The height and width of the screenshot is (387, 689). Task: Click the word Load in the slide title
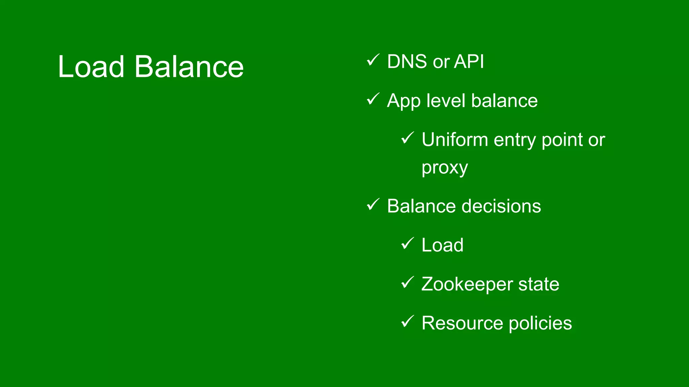pyautogui.click(x=91, y=67)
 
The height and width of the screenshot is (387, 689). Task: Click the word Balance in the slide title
pyautogui.click(x=189, y=67)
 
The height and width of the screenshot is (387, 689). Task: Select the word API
pyautogui.click(x=469, y=62)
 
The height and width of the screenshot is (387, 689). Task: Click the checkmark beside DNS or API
pyautogui.click(x=373, y=60)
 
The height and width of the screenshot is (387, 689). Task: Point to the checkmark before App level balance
pyautogui.click(x=373, y=99)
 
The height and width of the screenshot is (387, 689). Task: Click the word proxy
pyautogui.click(x=444, y=168)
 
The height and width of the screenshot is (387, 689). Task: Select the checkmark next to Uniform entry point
pyautogui.click(x=407, y=138)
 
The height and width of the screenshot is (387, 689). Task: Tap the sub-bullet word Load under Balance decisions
pyautogui.click(x=442, y=245)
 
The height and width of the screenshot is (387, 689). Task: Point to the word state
pyautogui.click(x=539, y=284)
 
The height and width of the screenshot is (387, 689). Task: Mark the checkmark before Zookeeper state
pyautogui.click(x=407, y=283)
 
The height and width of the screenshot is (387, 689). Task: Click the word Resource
pyautogui.click(x=463, y=323)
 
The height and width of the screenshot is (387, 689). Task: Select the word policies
pyautogui.click(x=540, y=324)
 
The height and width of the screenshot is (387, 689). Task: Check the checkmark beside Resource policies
pyautogui.click(x=407, y=321)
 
